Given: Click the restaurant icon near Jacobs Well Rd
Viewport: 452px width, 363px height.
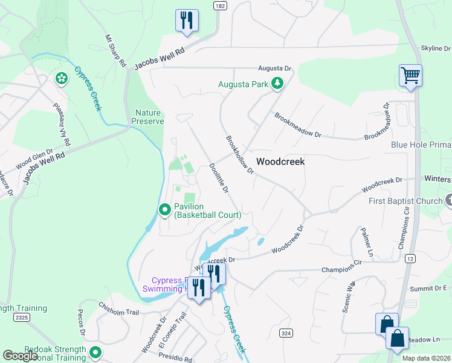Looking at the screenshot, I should pyautogui.click(x=187, y=21).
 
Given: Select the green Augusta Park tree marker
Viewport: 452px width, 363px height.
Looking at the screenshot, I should pyautogui.click(x=277, y=84).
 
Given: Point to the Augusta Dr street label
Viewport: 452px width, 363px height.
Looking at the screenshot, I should pyautogui.click(x=274, y=69).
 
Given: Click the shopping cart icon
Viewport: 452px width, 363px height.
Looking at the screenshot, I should pyautogui.click(x=410, y=76).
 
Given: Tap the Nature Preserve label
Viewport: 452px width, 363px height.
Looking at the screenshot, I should pyautogui.click(x=149, y=117).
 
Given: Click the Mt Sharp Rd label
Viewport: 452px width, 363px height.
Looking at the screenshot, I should pyautogui.click(x=115, y=51).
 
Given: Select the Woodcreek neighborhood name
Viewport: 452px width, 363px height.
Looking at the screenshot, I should pyautogui.click(x=280, y=162).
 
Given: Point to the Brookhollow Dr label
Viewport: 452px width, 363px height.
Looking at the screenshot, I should pyautogui.click(x=240, y=154).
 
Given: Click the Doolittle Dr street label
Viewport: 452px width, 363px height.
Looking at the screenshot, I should pyautogui.click(x=218, y=178).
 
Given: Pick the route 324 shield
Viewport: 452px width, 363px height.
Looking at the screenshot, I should pyautogui.click(x=286, y=333).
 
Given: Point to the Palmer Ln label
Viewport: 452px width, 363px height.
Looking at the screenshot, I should pyautogui.click(x=367, y=241).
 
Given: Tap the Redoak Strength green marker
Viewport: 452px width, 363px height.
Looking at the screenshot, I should pyautogui.click(x=95, y=352).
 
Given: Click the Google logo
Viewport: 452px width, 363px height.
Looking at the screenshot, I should pyautogui.click(x=20, y=356).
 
